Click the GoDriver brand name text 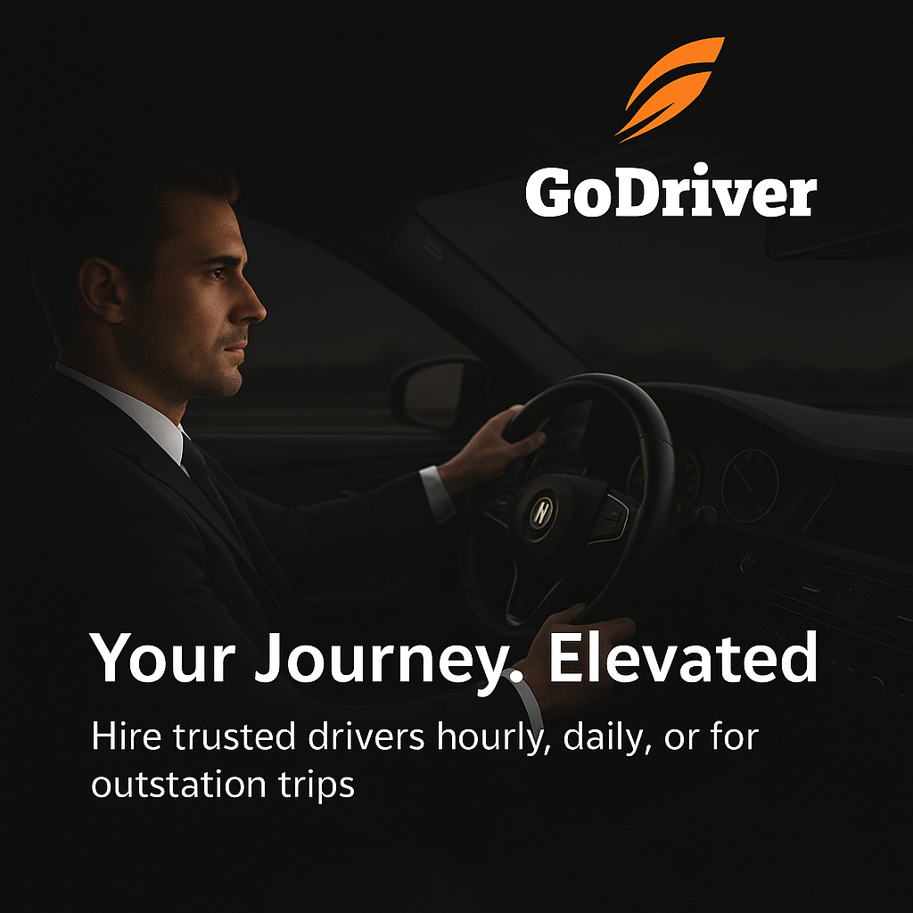point(670,194)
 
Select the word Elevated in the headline point(682,658)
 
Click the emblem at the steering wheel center point(541,509)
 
